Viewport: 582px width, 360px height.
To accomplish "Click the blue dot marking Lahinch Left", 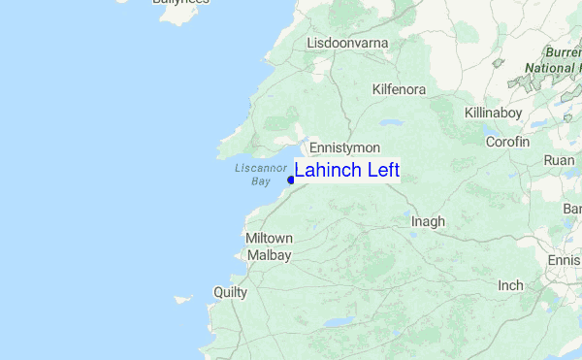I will pyautogui.click(x=291, y=179).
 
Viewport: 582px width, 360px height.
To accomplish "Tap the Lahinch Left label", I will pyautogui.click(x=346, y=171).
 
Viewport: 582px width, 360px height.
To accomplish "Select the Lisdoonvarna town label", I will pyautogui.click(x=348, y=44).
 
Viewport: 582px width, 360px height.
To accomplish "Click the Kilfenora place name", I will pyautogui.click(x=399, y=89).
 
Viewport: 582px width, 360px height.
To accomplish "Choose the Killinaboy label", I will pyautogui.click(x=493, y=114).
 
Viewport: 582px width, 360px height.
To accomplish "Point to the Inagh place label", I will pyautogui.click(x=428, y=221).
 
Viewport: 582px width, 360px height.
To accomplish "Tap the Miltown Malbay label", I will pyautogui.click(x=269, y=246).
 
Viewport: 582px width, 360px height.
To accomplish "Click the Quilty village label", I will pyautogui.click(x=231, y=292).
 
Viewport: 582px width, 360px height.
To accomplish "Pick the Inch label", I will pyautogui.click(x=510, y=285).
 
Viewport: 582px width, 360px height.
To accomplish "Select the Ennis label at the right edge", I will pyautogui.click(x=565, y=260).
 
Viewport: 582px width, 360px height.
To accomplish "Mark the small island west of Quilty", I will pyautogui.click(x=182, y=299).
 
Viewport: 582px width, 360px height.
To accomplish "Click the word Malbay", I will pyautogui.click(x=269, y=254).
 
